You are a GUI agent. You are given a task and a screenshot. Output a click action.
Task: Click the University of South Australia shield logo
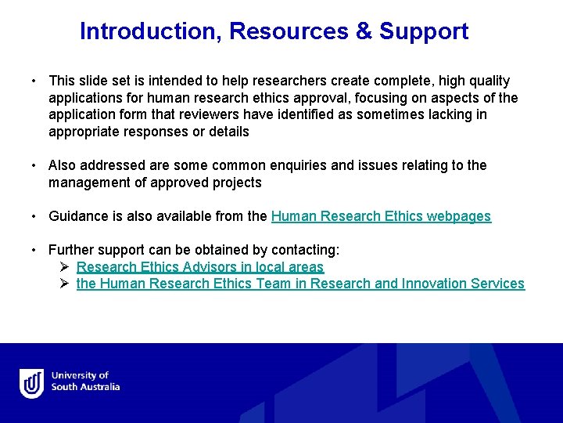(x=32, y=383)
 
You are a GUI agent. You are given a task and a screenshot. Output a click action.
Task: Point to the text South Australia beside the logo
(x=85, y=387)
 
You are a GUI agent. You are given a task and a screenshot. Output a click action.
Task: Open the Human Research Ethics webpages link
(x=381, y=216)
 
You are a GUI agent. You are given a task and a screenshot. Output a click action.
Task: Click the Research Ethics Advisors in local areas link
(x=199, y=267)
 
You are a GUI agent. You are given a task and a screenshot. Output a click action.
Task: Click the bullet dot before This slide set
(x=35, y=81)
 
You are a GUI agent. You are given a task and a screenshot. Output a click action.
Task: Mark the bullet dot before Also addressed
(x=35, y=166)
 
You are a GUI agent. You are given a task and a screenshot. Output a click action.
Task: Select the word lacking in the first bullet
(x=463, y=114)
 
